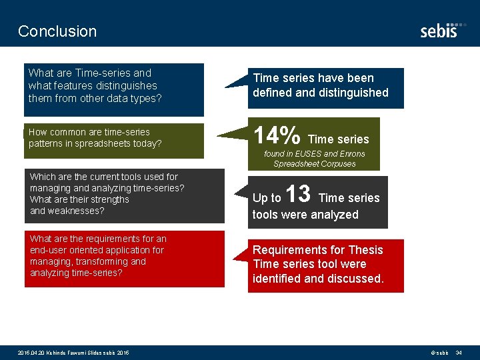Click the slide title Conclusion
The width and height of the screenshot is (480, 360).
57,31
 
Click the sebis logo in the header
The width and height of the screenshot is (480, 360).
439,31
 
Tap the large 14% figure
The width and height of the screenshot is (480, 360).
277,136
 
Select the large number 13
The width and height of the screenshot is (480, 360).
298,195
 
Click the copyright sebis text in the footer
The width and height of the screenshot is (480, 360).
439,352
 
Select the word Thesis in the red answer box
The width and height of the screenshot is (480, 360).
365,250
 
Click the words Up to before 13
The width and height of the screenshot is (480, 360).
267,198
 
